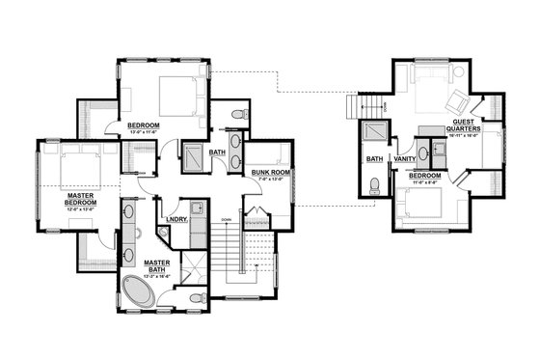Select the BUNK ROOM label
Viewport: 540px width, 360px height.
[x=264, y=171]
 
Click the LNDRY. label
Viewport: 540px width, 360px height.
[x=175, y=218]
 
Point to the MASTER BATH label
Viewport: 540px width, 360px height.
[x=157, y=263]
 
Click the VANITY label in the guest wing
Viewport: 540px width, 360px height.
[x=404, y=158]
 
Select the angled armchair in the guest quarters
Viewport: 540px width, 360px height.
[x=454, y=104]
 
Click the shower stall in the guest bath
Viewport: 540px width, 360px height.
[x=372, y=136]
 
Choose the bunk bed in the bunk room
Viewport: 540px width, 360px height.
[x=272, y=153]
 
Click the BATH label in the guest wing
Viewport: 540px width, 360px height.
[x=373, y=159]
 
